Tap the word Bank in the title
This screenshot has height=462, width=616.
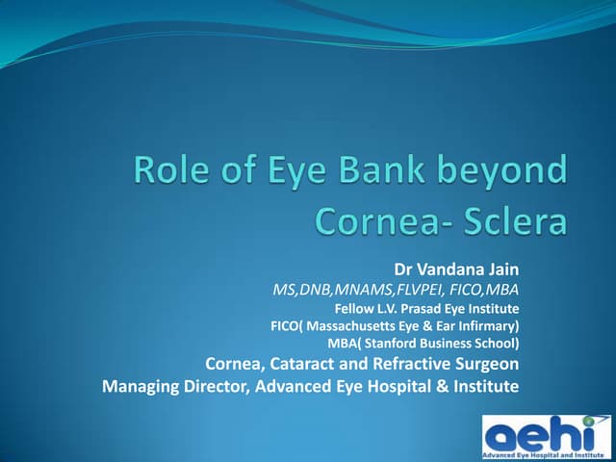point(382,173)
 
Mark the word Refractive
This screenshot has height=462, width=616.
point(410,364)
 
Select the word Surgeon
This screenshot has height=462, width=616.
point(486,364)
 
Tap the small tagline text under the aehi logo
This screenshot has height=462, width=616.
point(547,454)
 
